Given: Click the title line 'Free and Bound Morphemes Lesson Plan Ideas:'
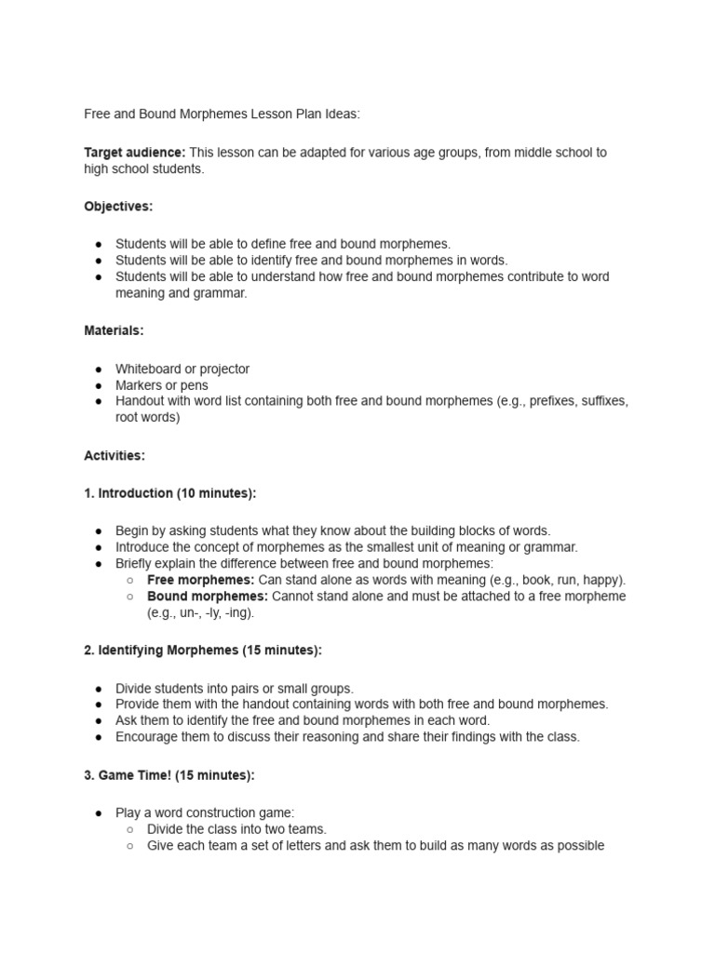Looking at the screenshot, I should tap(222, 114).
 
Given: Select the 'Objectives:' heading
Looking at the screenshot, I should tap(118, 206).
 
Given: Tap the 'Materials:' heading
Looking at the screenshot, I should tap(114, 330).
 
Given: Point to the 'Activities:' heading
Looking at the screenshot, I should tap(115, 456).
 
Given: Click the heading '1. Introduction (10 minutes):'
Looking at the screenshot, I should tap(169, 493).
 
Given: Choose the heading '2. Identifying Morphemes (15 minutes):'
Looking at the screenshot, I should tap(203, 651).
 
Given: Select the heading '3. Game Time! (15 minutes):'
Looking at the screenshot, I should tap(169, 775).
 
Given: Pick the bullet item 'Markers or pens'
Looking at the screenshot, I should tap(162, 385).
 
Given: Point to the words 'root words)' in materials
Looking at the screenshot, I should tap(147, 418).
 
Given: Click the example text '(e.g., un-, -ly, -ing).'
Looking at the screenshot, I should tap(200, 612).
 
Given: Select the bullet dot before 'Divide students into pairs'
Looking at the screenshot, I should tap(99, 690).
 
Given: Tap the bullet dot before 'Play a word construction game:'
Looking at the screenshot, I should tap(99, 813).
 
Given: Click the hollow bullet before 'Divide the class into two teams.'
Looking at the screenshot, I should tap(131, 829).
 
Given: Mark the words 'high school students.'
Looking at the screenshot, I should tap(143, 169).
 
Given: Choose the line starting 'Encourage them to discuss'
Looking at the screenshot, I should tap(347, 737).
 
